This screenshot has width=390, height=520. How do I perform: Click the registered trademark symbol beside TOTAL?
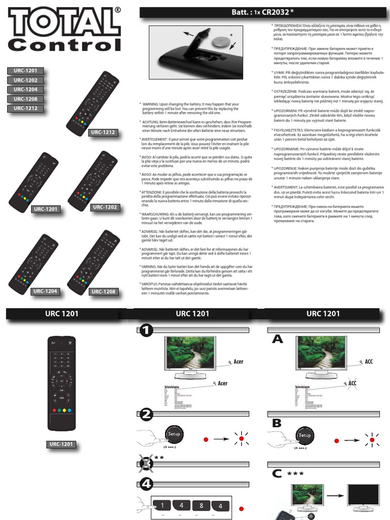(117, 10)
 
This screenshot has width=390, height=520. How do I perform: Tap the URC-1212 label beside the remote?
(104, 133)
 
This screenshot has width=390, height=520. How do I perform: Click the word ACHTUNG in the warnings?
(151, 122)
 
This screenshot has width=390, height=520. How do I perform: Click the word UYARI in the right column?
(282, 73)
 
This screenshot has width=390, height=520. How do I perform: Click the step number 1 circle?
(146, 331)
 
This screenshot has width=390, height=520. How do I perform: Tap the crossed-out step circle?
(146, 462)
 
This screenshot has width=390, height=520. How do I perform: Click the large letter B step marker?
(277, 424)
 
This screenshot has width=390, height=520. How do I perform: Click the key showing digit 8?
(201, 506)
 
